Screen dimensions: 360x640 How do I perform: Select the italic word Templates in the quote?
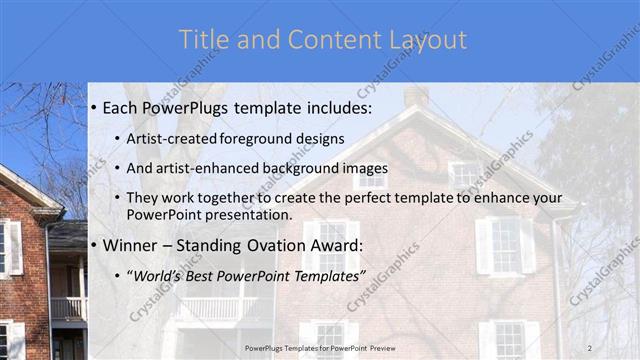pos(328,275)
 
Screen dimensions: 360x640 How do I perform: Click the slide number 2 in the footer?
pos(589,347)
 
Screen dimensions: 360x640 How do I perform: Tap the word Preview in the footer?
pos(383,348)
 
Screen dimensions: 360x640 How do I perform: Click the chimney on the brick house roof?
pos(416,96)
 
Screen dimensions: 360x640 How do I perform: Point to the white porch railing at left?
pos(68,308)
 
